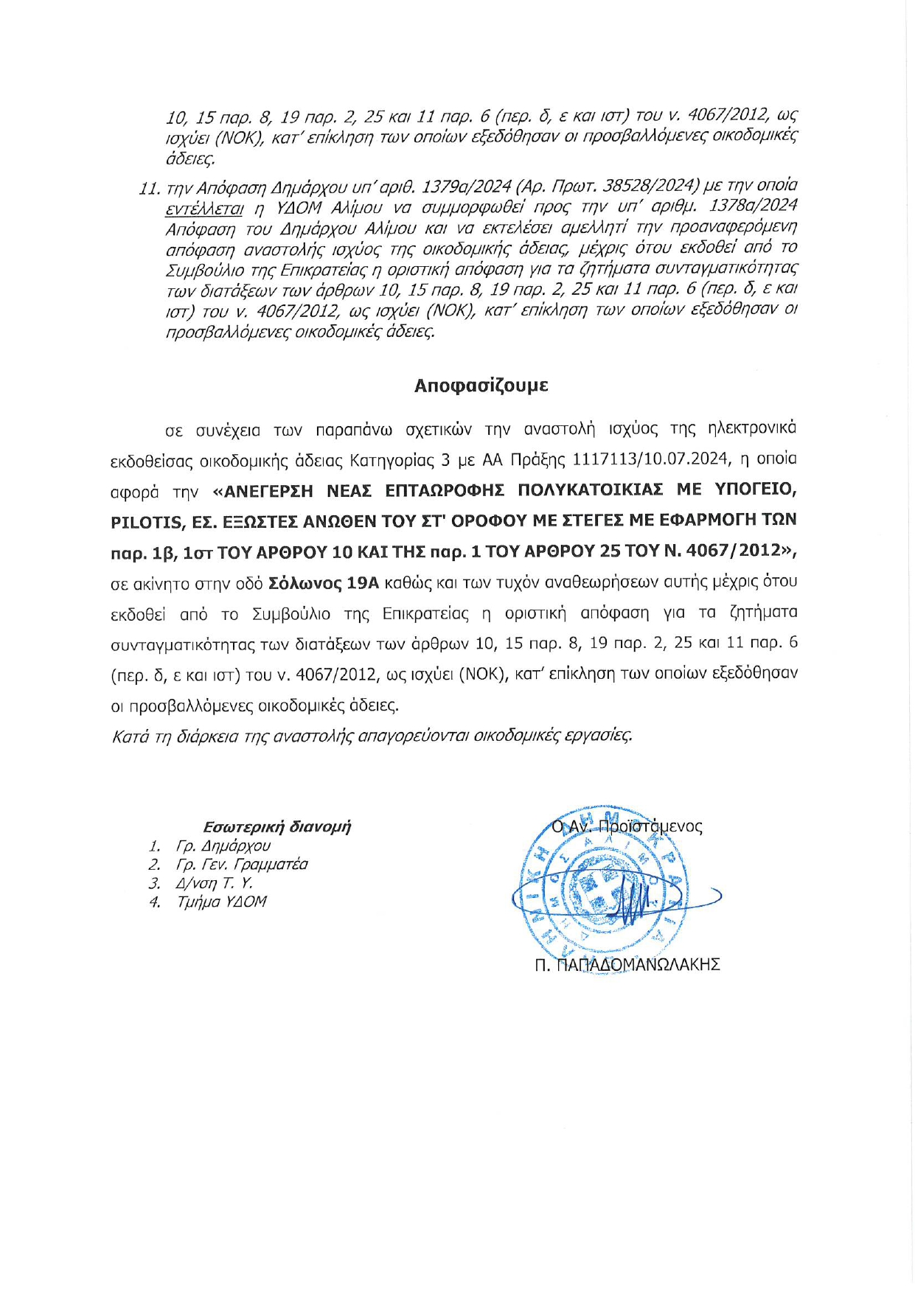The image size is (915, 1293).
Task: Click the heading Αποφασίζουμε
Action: pyautogui.click(x=481, y=386)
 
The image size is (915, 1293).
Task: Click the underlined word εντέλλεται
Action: pyautogui.click(x=204, y=207)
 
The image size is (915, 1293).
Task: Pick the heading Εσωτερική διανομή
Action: pyautogui.click(x=276, y=826)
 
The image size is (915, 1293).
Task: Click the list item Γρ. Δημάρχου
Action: pyautogui.click(x=223, y=846)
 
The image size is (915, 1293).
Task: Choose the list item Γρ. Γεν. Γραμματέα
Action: pyautogui.click(x=241, y=864)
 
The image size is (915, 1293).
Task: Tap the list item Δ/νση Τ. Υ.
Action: pyautogui.click(x=214, y=883)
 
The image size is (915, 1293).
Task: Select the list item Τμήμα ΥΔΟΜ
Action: pyautogui.click(x=221, y=902)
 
